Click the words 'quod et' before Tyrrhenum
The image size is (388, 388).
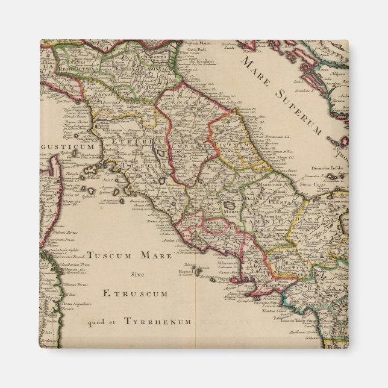click(100, 322)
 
